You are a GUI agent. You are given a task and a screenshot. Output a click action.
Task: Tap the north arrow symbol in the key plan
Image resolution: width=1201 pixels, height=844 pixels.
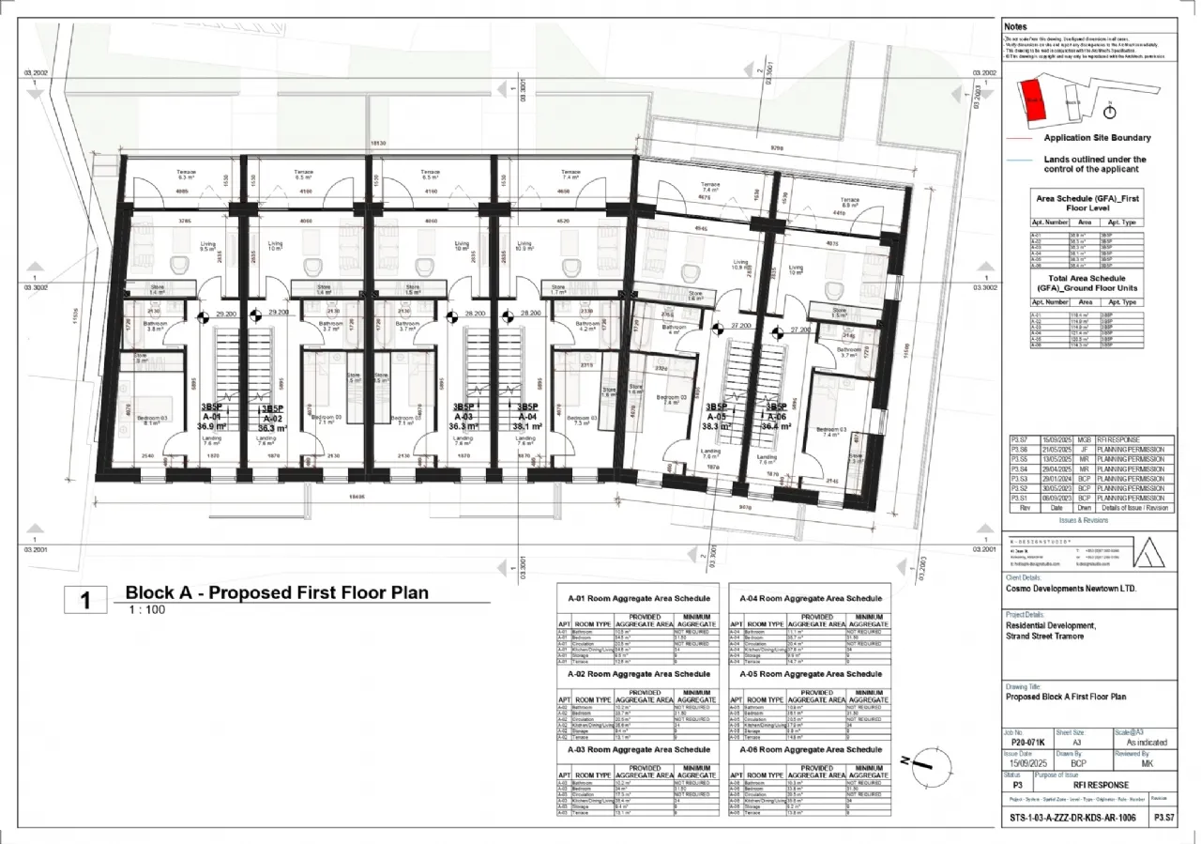coord(1110,111)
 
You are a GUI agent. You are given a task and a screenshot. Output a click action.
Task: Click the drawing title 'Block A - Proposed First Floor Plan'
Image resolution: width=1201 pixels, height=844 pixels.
coord(277,592)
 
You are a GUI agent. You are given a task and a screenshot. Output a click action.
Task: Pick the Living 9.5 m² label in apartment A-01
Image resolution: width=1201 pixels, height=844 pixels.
coord(208,247)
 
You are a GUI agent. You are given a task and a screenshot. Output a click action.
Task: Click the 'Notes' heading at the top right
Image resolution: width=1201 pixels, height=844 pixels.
coord(1015,27)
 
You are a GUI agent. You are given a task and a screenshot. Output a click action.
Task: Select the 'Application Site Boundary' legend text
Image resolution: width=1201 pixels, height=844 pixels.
coord(1097,138)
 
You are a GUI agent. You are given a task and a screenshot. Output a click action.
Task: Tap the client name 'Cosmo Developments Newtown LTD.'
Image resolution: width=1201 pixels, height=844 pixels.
coord(1071,588)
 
